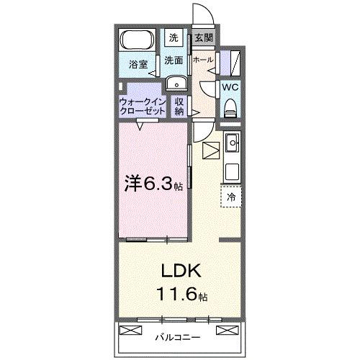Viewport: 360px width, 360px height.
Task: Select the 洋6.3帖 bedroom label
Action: (x=152, y=184)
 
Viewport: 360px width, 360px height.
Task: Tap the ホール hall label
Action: (x=203, y=60)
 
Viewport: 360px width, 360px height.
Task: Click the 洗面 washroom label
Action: (x=174, y=60)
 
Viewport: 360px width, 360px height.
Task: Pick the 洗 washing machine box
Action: (x=174, y=37)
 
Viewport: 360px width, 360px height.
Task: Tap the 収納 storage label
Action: (x=179, y=107)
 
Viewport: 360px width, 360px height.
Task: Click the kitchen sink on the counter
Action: (x=233, y=146)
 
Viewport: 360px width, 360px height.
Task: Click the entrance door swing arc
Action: (x=201, y=16)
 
